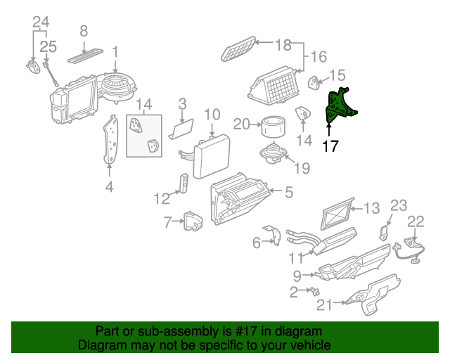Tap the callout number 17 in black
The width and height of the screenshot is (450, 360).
[x=330, y=146]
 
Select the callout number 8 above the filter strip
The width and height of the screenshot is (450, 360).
[x=83, y=31]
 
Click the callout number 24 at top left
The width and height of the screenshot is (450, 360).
[x=41, y=22]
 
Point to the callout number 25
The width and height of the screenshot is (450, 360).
[x=47, y=46]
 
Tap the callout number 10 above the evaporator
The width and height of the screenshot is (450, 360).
[x=212, y=115]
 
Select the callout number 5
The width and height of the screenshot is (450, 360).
[x=288, y=191]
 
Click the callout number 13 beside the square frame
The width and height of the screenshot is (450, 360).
[x=371, y=207]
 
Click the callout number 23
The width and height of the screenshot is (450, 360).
[x=399, y=205]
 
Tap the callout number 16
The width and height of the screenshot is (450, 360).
[x=319, y=56]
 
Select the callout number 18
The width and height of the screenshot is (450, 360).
[x=282, y=44]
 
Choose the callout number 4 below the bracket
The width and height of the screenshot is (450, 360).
[x=109, y=186]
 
